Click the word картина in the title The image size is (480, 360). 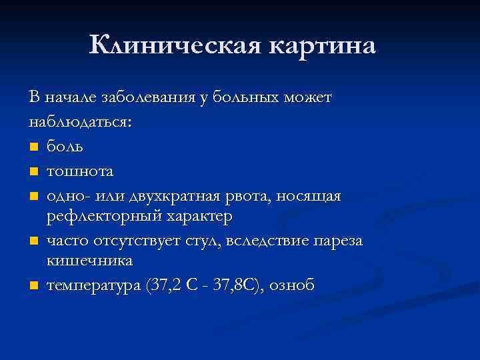click(x=323, y=45)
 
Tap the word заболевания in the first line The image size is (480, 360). click(x=149, y=98)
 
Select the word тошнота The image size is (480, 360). click(x=80, y=172)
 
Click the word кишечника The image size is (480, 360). click(x=90, y=259)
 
